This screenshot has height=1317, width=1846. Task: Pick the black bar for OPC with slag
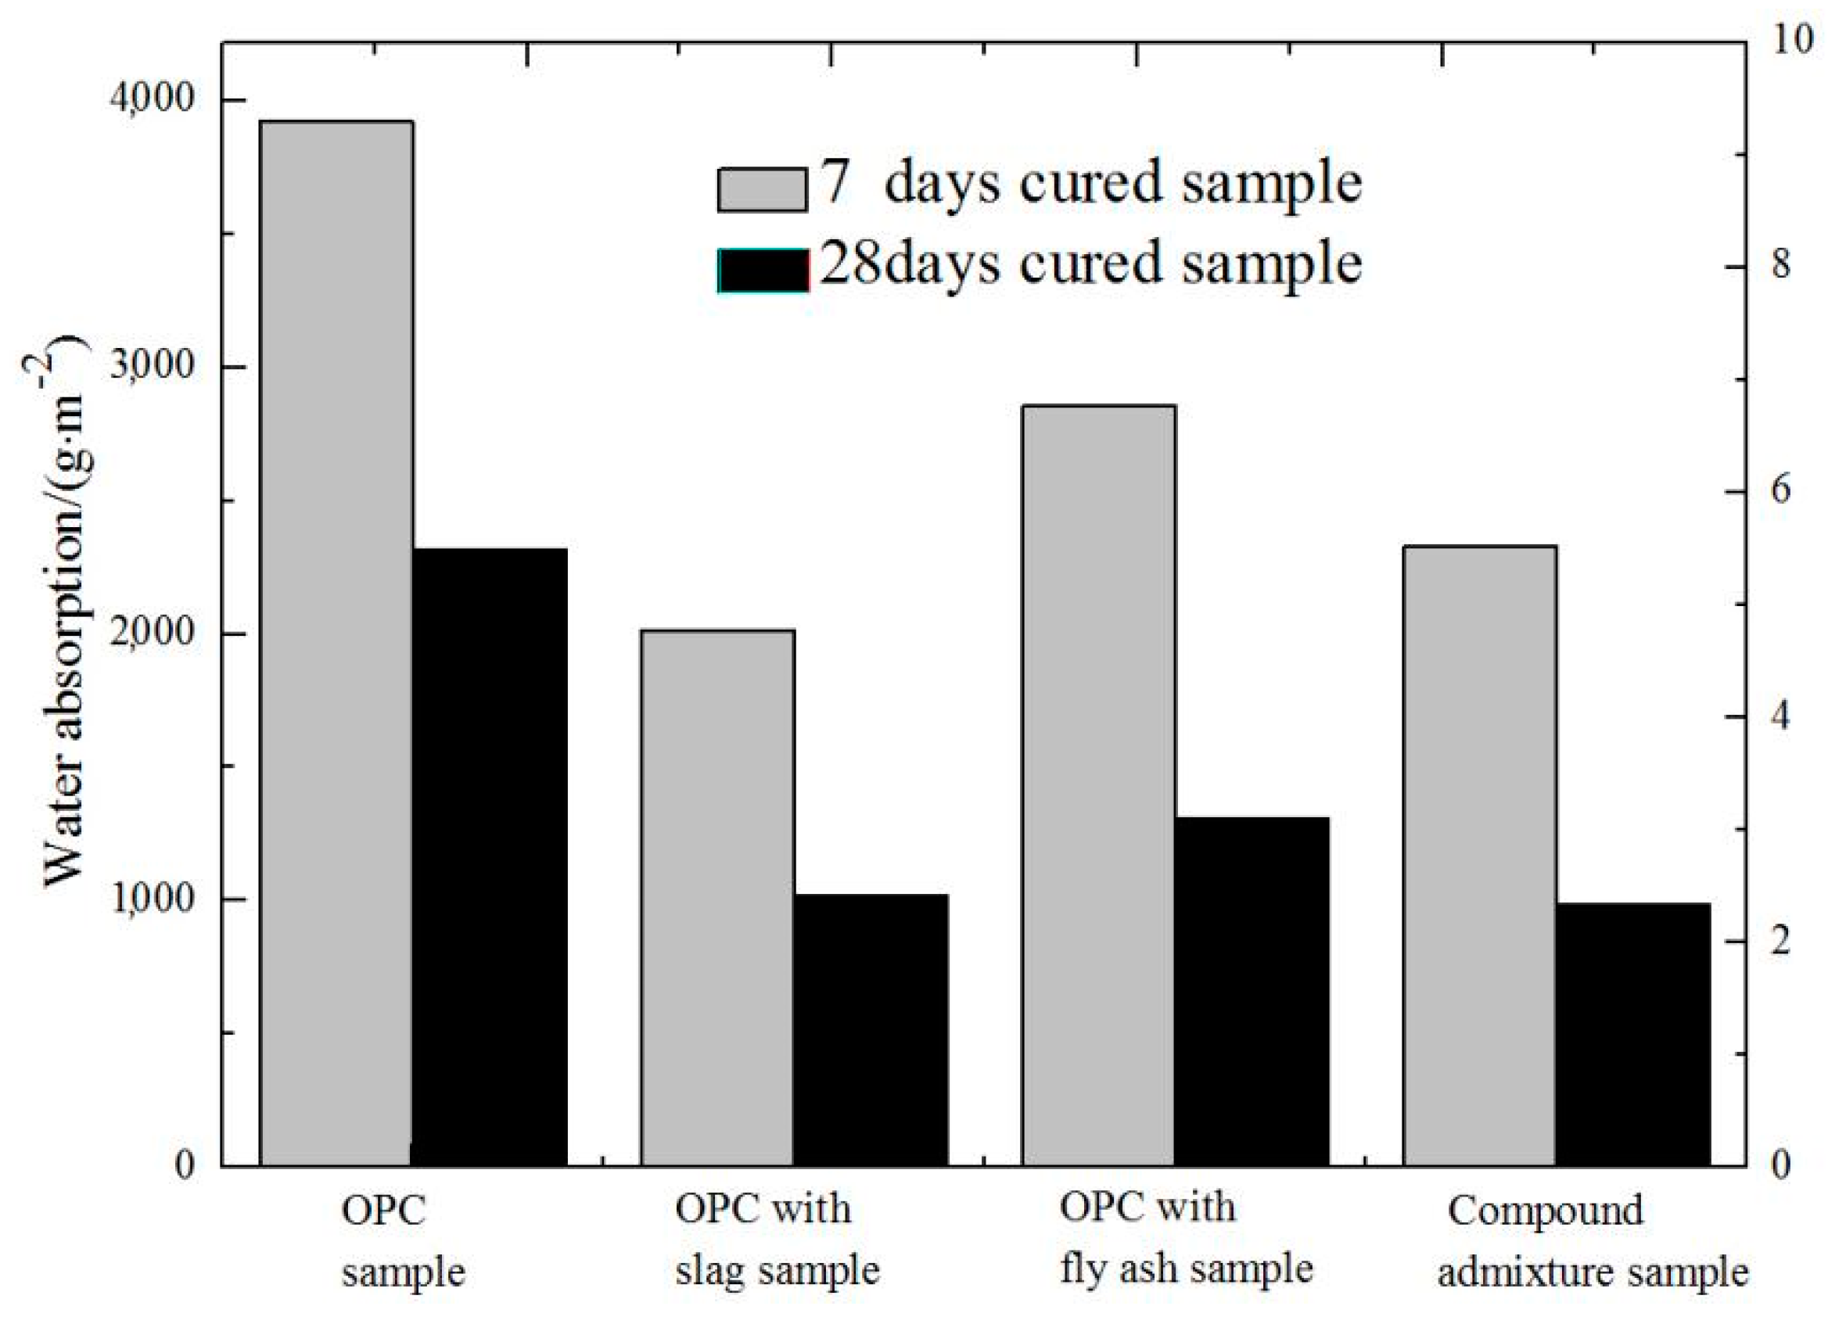pos(871,1030)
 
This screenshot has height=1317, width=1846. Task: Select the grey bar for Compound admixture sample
pos(1479,856)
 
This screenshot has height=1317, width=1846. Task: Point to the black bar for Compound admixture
pos(1632,1034)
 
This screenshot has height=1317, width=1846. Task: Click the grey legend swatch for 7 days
pos(762,190)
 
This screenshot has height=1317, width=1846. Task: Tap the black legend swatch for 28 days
pos(763,270)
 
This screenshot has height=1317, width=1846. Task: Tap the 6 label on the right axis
pos(1780,490)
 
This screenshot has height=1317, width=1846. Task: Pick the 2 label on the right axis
pos(1780,941)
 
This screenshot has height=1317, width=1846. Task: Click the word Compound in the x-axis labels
pos(1545,1211)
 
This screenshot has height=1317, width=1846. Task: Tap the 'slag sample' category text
pos(777,1271)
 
